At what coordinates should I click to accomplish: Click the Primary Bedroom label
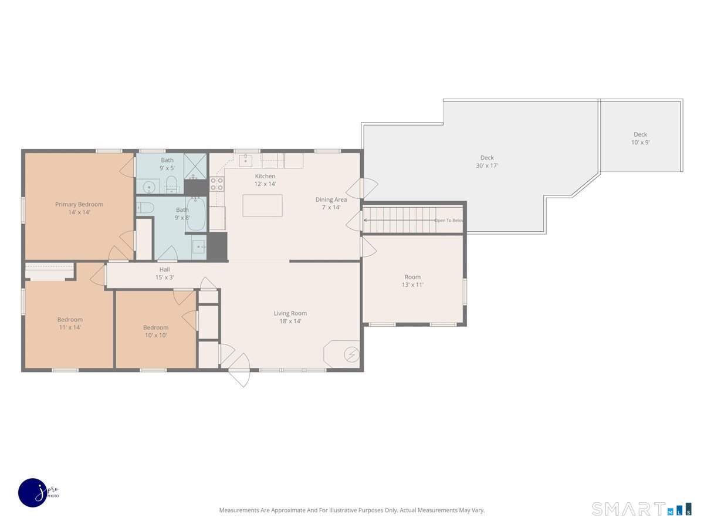click(79, 208)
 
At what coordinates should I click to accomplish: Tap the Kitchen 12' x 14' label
click(265, 180)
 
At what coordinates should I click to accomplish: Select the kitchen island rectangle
click(262, 205)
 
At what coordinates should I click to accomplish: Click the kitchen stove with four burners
click(216, 184)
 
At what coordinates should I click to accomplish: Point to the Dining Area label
click(331, 203)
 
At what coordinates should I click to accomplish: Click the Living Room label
click(290, 317)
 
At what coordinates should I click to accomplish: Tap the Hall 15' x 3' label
click(164, 273)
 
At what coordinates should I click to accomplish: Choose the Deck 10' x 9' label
click(640, 138)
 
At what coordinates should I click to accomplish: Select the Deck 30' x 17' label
click(487, 161)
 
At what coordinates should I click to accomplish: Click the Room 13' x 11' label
click(412, 281)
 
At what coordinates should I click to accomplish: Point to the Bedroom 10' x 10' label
click(155, 331)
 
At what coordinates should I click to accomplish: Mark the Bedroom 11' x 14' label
click(70, 323)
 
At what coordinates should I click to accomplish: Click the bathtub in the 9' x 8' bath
click(195, 214)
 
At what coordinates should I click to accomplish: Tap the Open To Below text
click(449, 220)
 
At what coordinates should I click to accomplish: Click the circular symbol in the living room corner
click(351, 354)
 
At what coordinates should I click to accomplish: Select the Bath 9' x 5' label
click(167, 164)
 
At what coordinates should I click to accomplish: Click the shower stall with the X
click(195, 167)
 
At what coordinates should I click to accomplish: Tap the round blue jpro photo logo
click(33, 493)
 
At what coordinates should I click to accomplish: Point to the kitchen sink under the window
click(245, 161)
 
